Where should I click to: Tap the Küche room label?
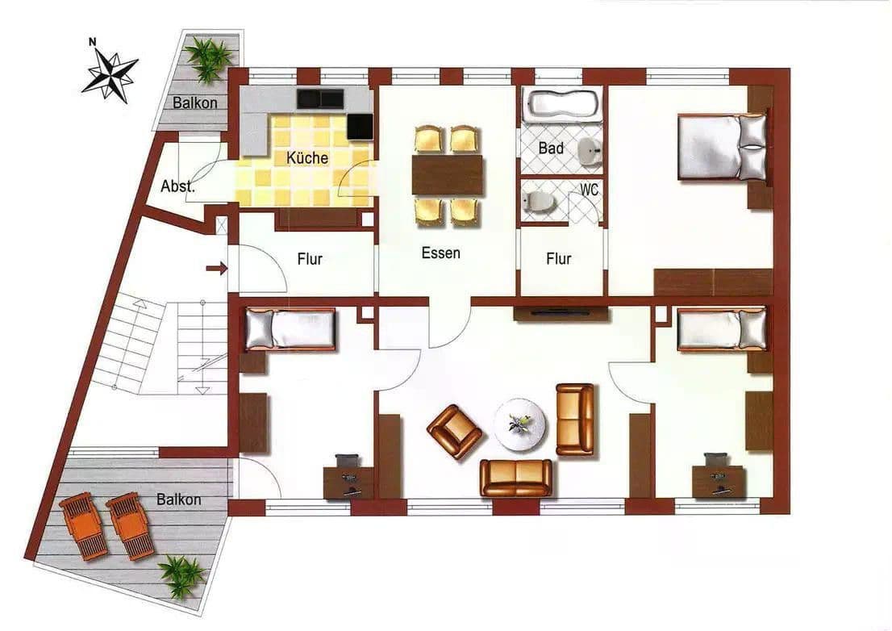tap(307, 157)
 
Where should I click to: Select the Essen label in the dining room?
tap(441, 253)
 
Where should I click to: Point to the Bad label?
tap(551, 148)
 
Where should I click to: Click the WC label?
tap(590, 191)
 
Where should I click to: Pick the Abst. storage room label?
tap(177, 186)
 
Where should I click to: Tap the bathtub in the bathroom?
tap(562, 104)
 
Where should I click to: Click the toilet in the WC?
tap(535, 201)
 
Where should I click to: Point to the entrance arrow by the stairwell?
tap(216, 269)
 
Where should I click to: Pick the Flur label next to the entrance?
tap(310, 259)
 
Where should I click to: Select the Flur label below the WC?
tap(559, 259)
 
